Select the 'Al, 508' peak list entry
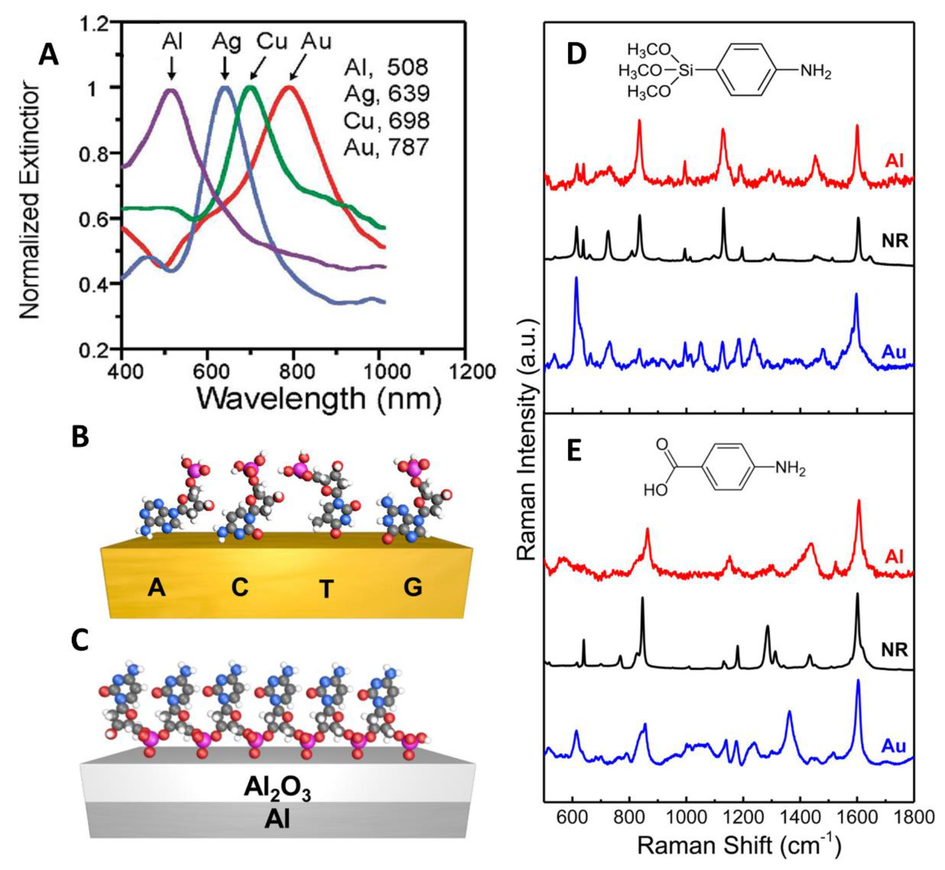click(x=386, y=67)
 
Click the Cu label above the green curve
click(x=272, y=42)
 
